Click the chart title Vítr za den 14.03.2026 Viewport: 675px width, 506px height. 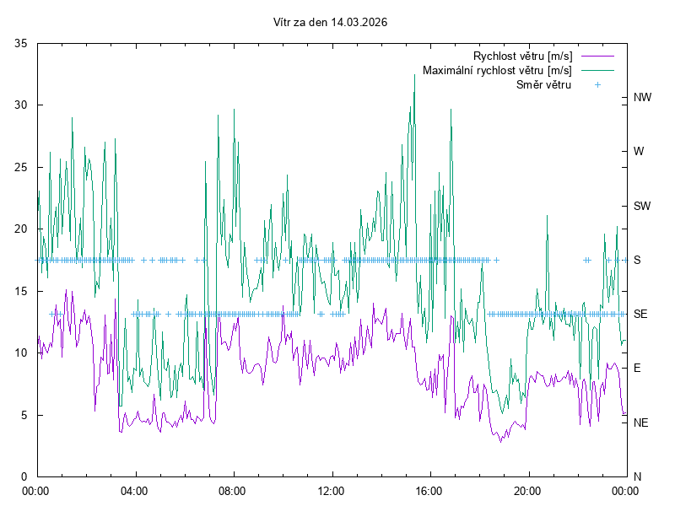[331, 23]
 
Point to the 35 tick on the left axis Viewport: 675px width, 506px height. [22, 43]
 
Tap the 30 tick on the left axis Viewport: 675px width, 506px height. [22, 105]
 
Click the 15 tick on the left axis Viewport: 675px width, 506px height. [22, 291]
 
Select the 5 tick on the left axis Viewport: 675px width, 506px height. [25, 415]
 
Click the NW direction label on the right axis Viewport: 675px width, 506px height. [642, 98]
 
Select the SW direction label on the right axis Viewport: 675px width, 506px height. [642, 206]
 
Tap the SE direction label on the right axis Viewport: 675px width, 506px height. [640, 314]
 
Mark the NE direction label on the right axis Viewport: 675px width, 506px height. [640, 423]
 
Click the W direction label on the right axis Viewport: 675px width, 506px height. [639, 152]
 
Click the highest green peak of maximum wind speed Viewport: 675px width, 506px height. [414, 75]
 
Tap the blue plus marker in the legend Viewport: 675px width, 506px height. [597, 85]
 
